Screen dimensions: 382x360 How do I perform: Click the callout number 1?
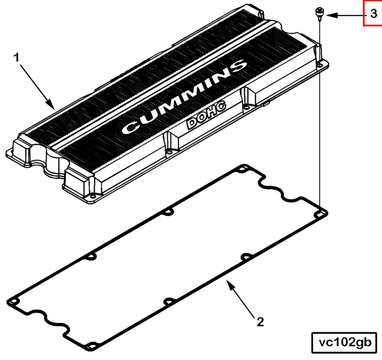16,58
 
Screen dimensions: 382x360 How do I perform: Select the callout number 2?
260,322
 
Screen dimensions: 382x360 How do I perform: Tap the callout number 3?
374,14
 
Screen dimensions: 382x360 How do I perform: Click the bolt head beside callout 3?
319,12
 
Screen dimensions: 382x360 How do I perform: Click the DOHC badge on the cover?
207,114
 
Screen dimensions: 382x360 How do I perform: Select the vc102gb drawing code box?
344,343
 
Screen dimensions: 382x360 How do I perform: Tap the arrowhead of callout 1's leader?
51,104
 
